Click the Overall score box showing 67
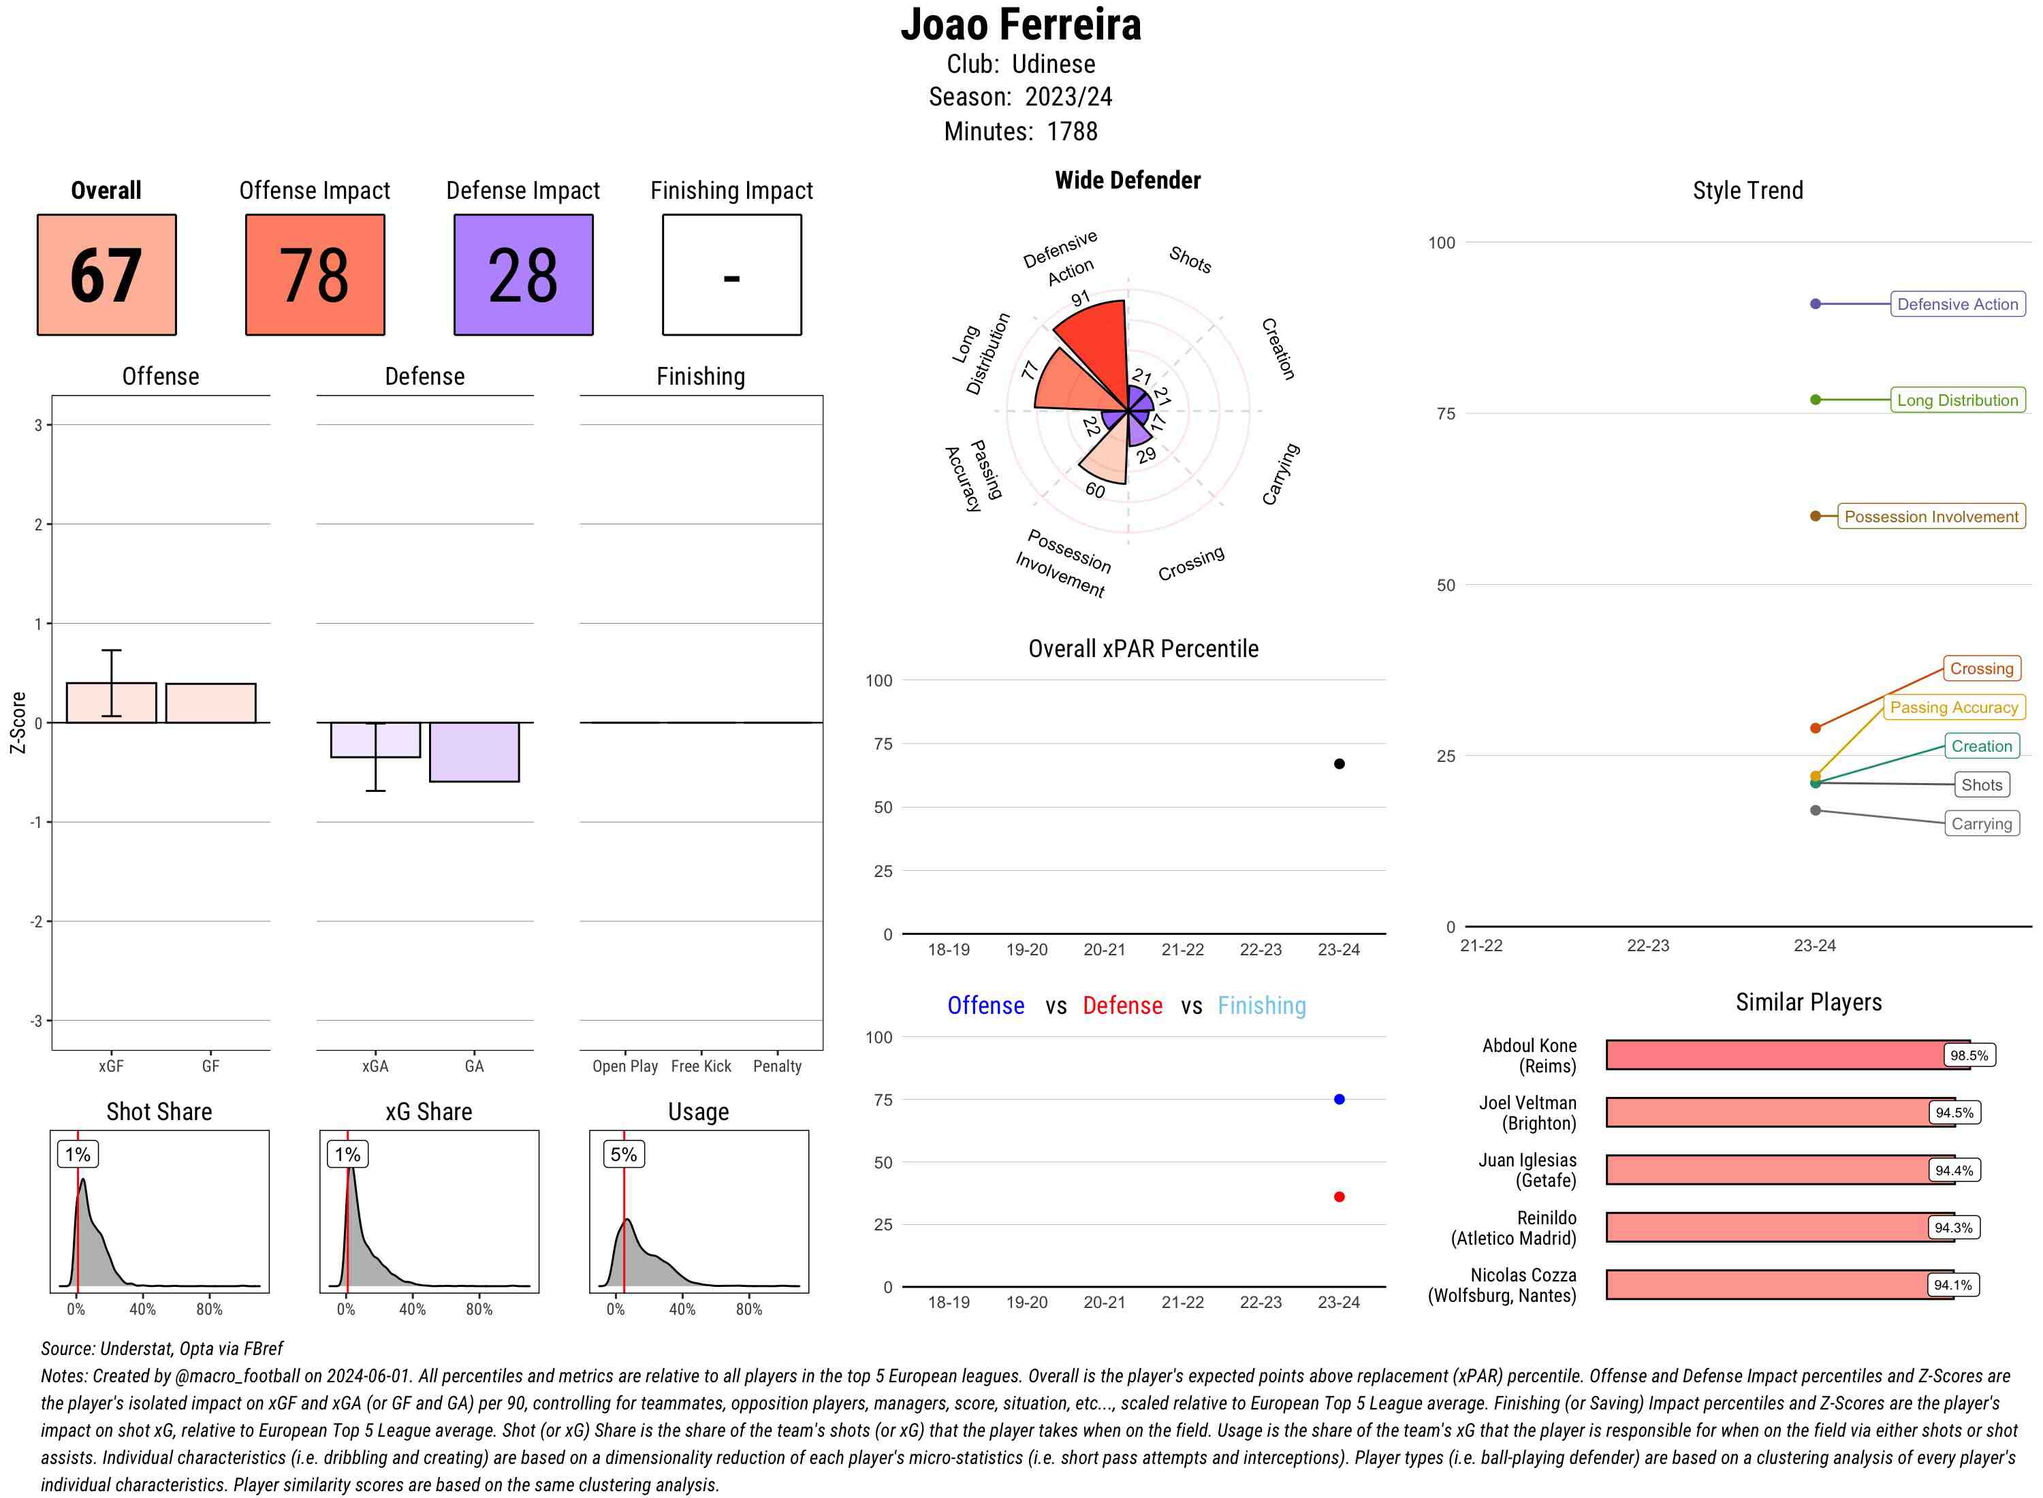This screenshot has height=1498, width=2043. [x=106, y=275]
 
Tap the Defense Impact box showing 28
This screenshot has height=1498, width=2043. [x=523, y=275]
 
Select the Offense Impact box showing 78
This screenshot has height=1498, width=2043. [x=315, y=275]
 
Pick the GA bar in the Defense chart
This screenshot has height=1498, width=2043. [x=474, y=752]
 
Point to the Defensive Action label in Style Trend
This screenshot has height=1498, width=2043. [x=1957, y=304]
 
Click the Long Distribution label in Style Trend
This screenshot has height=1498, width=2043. [x=1957, y=400]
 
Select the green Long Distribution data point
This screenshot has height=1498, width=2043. [x=1816, y=400]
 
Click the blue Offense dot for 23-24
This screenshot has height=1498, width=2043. [x=1340, y=1100]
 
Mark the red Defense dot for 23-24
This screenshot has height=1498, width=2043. [x=1340, y=1197]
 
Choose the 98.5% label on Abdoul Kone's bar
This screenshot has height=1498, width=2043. [x=1969, y=1055]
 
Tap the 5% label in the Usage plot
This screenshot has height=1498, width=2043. [x=623, y=1154]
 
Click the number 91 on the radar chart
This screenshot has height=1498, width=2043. [x=1080, y=298]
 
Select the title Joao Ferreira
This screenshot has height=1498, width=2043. [x=1021, y=25]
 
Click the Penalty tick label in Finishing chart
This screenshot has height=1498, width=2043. [x=777, y=1066]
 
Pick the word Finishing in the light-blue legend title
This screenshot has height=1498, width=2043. [x=1261, y=1006]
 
